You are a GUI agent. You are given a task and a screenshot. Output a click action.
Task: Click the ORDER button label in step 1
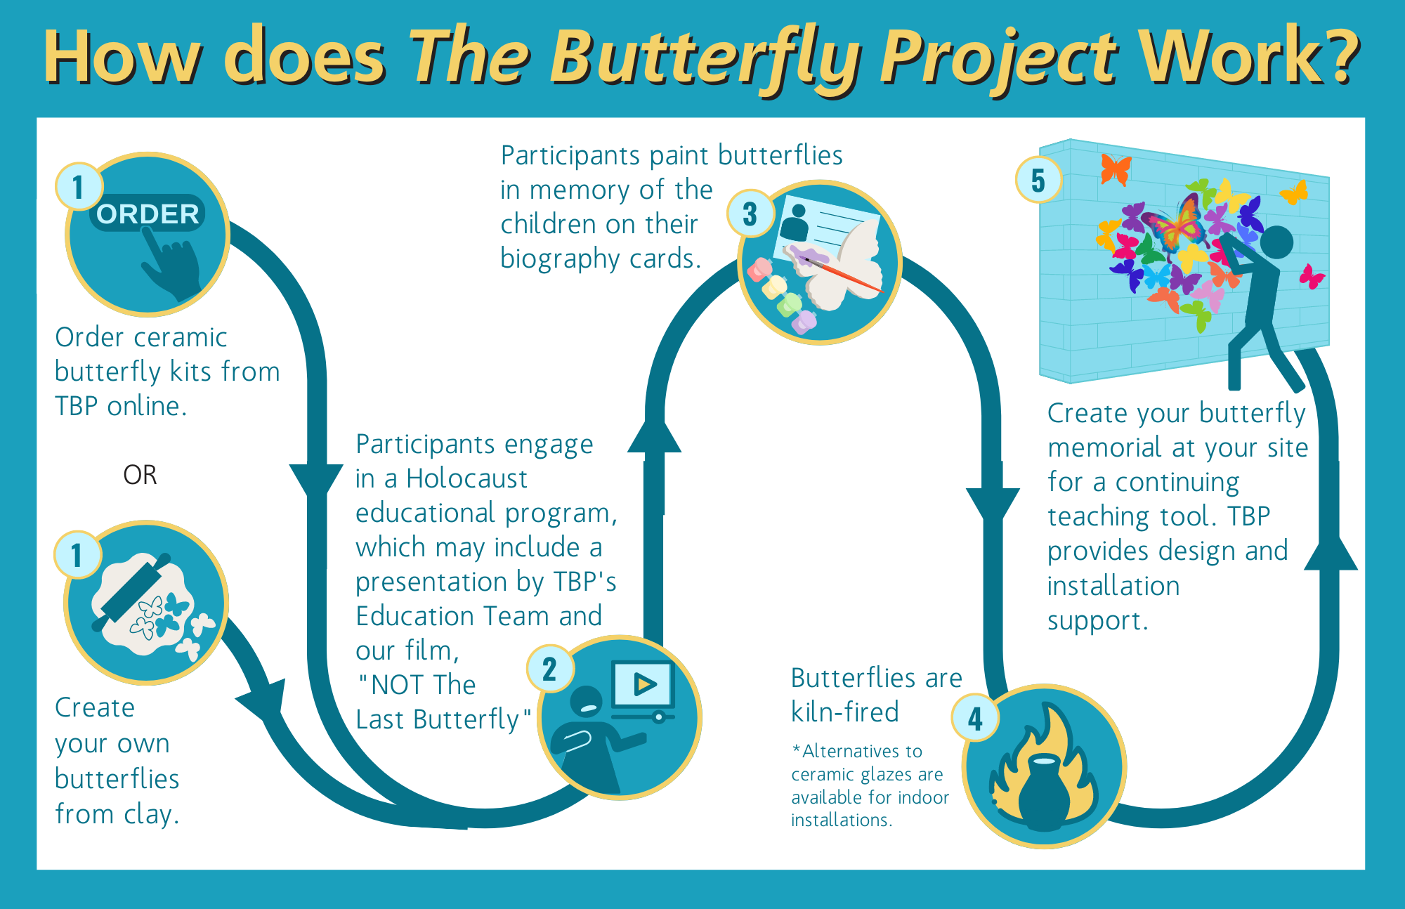148,214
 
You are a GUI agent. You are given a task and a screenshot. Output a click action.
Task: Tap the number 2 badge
550,669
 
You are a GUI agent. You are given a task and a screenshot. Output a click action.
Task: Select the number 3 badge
750,214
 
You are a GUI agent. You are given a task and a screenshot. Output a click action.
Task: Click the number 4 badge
975,718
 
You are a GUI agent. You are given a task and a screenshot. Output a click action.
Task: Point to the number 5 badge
1038,180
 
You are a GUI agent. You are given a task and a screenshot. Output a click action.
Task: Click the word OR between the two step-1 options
140,475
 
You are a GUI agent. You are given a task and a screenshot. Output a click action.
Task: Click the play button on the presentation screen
643,684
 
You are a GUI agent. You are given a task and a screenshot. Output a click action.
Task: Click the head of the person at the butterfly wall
1276,243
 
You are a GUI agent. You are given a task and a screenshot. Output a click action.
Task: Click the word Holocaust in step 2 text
466,478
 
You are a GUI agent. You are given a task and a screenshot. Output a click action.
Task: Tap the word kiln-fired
845,712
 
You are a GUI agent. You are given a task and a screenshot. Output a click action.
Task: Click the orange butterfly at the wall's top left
1116,169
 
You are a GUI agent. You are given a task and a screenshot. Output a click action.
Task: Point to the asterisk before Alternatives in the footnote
796,749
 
